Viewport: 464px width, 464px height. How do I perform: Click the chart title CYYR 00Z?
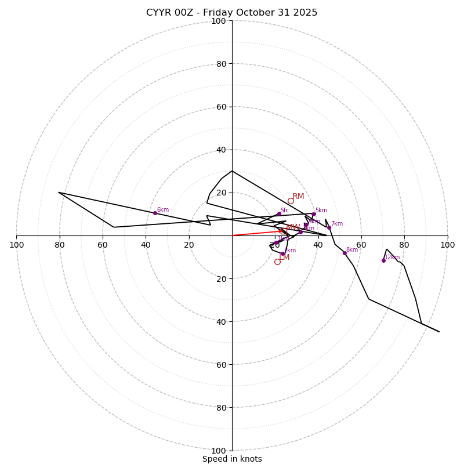coord(231,13)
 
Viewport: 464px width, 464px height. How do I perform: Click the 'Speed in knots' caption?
coord(232,459)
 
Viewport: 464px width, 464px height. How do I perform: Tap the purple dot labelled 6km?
coord(155,213)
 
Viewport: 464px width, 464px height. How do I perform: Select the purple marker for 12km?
coord(383,260)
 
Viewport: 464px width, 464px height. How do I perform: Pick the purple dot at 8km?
coord(345,253)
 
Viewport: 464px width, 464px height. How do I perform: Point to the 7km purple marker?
coord(329,227)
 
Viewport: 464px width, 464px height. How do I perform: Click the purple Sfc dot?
coord(279,213)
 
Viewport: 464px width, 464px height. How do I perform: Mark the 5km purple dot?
coord(314,214)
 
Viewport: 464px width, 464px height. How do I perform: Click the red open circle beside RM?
coord(291,201)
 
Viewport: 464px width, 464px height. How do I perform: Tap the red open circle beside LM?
coord(277,262)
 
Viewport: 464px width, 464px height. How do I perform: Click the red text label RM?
coord(298,197)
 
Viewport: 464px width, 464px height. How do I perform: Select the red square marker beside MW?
coord(284,231)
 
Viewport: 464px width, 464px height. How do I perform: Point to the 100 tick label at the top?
coord(219,21)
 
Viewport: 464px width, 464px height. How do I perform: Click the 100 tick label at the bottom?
coord(219,451)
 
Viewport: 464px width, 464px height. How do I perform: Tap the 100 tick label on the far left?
coord(16,245)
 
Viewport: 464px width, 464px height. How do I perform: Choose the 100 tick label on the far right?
coord(447,245)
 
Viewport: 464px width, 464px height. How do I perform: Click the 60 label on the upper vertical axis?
coord(221,107)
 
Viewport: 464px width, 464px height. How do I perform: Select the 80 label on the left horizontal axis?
coord(60,245)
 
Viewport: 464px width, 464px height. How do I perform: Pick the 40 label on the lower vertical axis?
coord(221,321)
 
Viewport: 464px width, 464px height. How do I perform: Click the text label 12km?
coord(393,257)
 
